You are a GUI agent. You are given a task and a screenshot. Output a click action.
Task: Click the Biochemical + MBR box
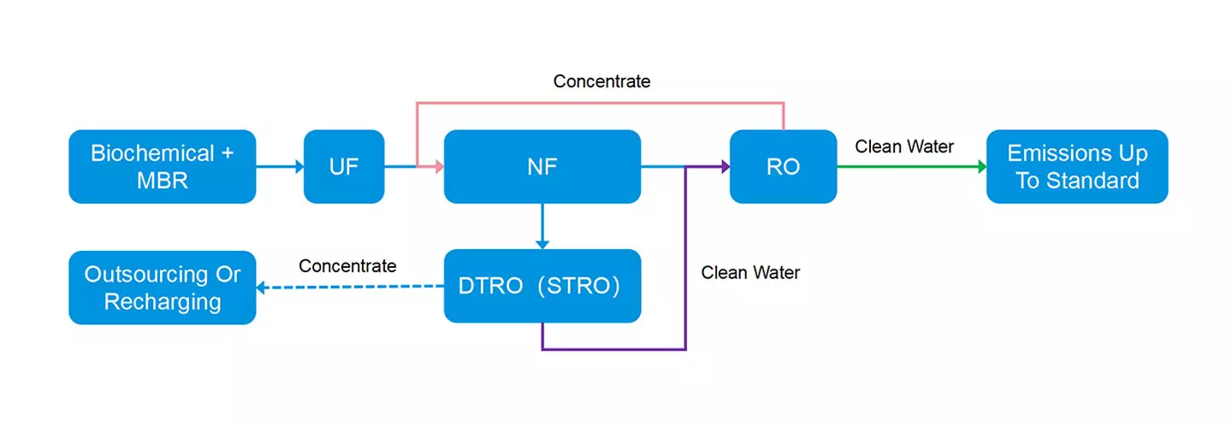tap(162, 166)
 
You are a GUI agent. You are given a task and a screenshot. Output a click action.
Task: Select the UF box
tap(344, 166)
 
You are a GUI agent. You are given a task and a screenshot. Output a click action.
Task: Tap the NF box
tap(542, 166)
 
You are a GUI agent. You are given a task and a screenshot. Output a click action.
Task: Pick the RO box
tap(783, 166)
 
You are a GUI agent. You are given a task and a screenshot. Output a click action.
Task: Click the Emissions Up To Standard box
tap(1076, 166)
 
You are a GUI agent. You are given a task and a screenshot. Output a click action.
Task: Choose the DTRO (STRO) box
tap(542, 286)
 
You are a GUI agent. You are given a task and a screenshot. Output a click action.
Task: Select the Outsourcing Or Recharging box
tap(162, 288)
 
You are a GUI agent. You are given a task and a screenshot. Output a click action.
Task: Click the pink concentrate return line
tap(599, 103)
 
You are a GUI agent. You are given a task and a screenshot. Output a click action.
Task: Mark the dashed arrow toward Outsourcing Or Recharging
tap(351, 288)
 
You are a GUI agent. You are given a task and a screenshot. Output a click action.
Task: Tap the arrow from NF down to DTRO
tap(542, 226)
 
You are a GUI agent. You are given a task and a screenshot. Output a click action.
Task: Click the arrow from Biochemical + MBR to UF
tap(280, 167)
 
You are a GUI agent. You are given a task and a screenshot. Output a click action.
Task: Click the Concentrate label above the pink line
tap(601, 81)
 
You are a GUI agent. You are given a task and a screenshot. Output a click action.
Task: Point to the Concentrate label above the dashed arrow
tap(347, 266)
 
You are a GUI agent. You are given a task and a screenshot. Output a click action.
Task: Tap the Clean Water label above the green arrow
tap(904, 147)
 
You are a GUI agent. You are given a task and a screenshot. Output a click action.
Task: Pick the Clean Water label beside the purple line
tap(750, 273)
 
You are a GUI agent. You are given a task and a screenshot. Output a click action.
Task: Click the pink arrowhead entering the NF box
tap(437, 167)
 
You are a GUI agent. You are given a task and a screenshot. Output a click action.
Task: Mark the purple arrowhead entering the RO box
tap(723, 167)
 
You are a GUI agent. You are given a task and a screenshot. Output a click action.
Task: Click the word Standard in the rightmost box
tap(1096, 181)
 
